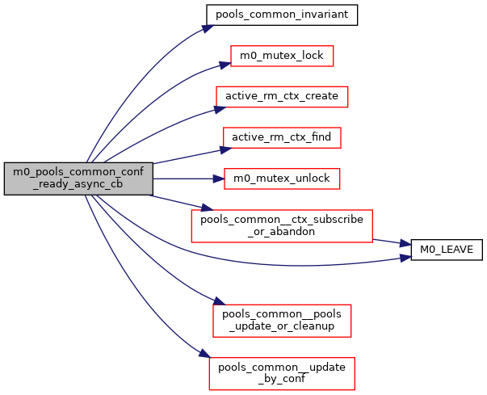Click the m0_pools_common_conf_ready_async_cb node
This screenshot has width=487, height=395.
(78, 178)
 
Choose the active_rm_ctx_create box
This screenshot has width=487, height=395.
(282, 96)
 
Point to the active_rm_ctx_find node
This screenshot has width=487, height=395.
(282, 137)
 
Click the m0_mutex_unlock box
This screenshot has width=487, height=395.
(282, 178)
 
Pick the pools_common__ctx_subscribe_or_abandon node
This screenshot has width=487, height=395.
(282, 225)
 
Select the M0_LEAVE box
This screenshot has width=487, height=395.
(447, 250)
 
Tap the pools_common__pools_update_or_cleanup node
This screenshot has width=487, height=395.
(282, 321)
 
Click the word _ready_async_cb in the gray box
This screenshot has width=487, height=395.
(78, 184)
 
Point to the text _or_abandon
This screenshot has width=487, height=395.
(282, 232)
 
